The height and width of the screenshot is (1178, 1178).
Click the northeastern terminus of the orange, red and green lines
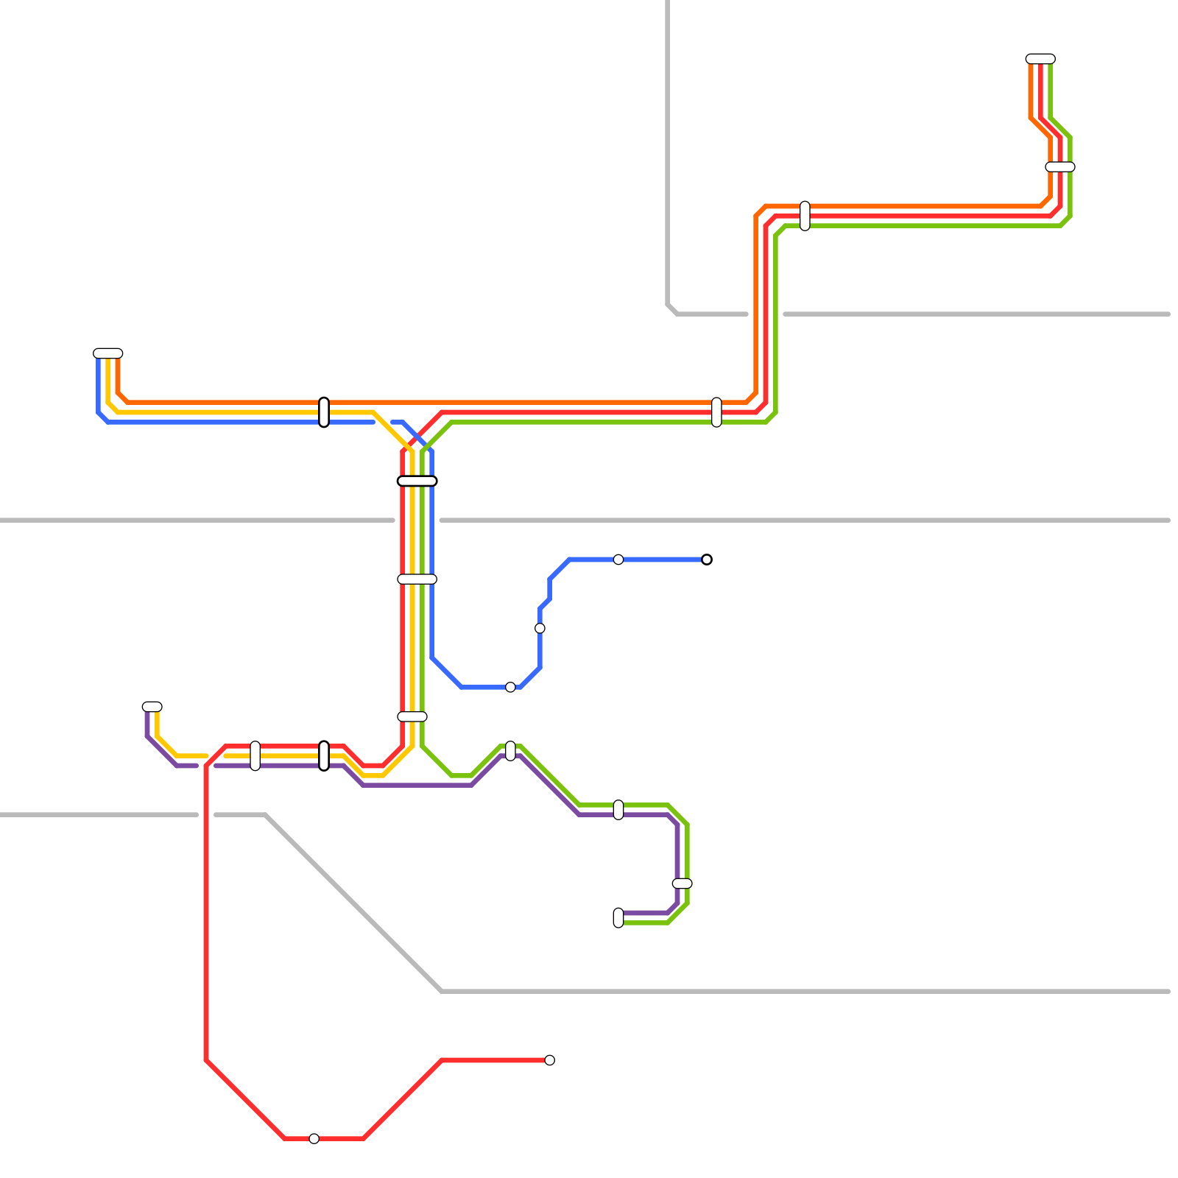1040,59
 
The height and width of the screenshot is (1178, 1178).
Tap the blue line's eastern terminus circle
707,560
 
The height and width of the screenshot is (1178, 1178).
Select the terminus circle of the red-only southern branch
549,1060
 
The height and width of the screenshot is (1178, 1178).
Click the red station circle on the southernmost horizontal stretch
314,1139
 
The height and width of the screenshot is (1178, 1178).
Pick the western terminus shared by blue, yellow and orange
108,353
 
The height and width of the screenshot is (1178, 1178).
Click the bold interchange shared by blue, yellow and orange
324,412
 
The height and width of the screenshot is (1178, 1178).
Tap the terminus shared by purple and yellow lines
152,707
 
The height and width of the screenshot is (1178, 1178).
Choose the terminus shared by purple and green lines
618,918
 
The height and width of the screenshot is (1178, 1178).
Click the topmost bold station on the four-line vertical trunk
417,481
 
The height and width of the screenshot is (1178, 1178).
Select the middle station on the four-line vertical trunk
417,579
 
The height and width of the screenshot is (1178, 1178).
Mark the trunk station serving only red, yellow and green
412,716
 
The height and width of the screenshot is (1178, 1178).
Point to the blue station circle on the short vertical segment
540,628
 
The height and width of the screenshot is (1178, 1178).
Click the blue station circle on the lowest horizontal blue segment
510,687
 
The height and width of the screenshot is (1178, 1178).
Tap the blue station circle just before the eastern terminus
618,560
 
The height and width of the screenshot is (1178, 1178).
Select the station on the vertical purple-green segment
682,883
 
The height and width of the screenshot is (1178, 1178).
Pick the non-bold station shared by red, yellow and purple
255,756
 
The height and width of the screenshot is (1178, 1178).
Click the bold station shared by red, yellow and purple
324,756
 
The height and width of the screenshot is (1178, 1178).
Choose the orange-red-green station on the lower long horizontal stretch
716,412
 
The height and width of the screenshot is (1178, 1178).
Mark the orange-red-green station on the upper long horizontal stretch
805,216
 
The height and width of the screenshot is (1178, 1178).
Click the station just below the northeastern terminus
1060,166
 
